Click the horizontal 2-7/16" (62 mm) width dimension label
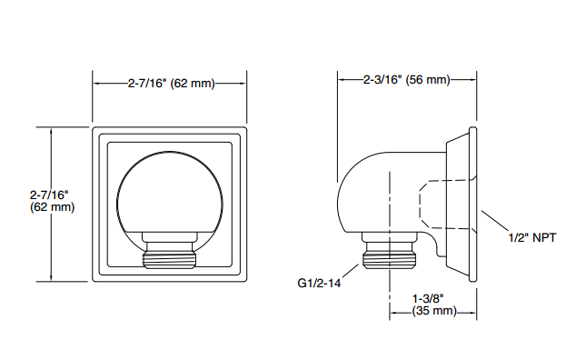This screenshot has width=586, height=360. pyautogui.click(x=171, y=83)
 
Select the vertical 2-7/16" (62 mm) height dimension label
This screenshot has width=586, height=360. pyautogui.click(x=52, y=201)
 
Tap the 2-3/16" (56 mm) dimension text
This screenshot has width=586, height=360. pyautogui.click(x=407, y=80)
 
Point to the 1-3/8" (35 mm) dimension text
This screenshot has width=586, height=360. pyautogui.click(x=434, y=305)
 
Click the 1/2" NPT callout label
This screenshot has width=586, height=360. pyautogui.click(x=532, y=237)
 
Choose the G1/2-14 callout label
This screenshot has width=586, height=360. pyautogui.click(x=319, y=283)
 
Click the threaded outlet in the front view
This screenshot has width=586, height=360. pyautogui.click(x=170, y=255)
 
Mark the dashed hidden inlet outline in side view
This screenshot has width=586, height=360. pyautogui.click(x=420, y=205)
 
